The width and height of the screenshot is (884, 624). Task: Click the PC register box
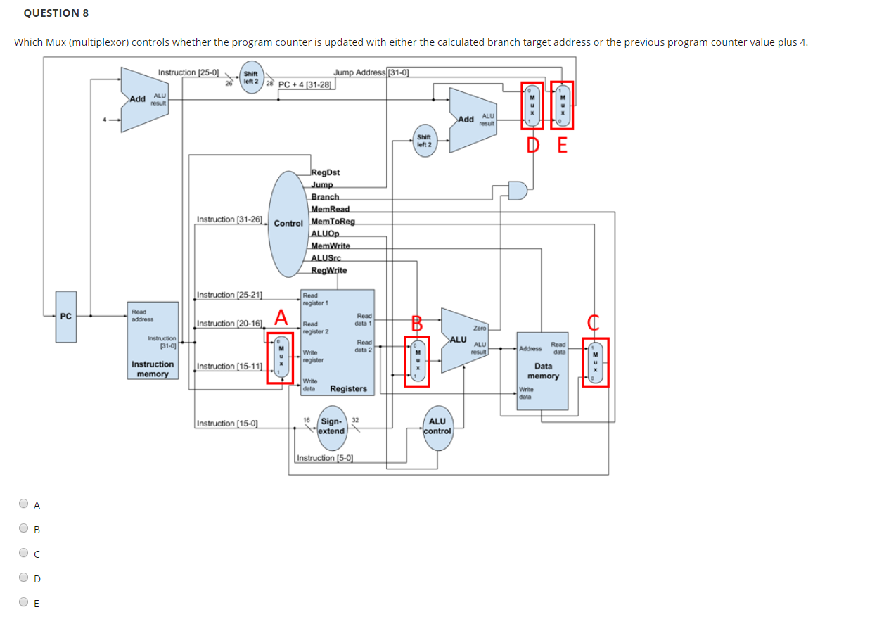(66, 326)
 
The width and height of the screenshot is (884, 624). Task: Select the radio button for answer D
(25, 578)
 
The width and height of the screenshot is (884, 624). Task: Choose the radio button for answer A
(25, 504)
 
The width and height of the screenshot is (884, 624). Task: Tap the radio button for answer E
(25, 602)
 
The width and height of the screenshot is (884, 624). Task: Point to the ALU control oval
(437, 426)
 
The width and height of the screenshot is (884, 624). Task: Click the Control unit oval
(288, 223)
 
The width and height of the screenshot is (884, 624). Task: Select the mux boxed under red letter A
(281, 357)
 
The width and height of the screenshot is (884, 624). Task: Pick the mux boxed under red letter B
(417, 362)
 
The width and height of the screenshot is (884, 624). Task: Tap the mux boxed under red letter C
(595, 362)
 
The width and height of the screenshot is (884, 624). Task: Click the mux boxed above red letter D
(532, 106)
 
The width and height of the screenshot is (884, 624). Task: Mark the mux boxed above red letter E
(561, 106)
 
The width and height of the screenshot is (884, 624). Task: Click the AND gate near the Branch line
(517, 190)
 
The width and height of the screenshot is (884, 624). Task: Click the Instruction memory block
(153, 343)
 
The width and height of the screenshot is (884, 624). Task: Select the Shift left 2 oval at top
(250, 77)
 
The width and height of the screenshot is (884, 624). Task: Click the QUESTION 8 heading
(51, 13)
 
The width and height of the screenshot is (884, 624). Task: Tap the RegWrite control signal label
(329, 270)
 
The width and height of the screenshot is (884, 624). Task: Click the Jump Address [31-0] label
(371, 72)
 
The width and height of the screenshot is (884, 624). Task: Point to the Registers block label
(348, 388)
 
